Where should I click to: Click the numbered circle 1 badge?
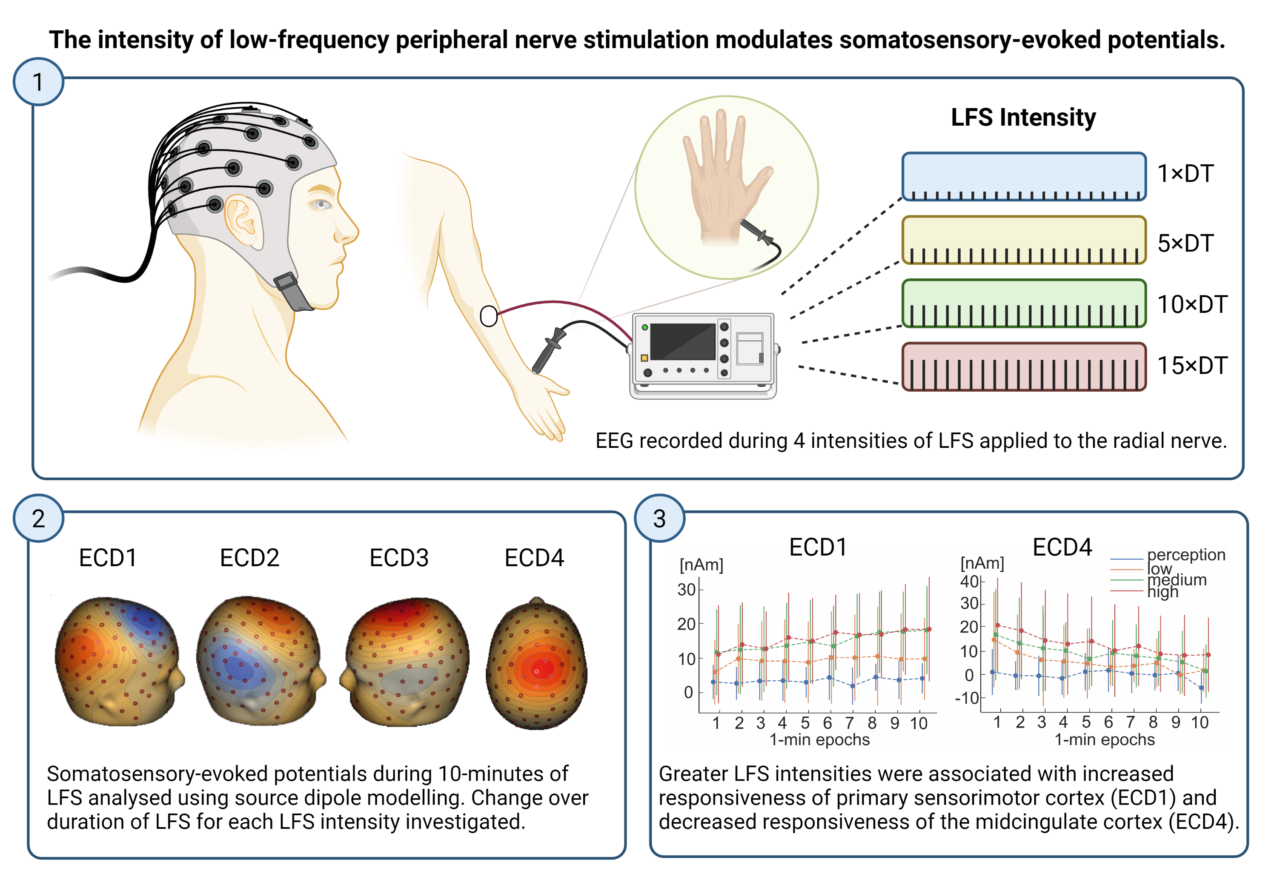pyautogui.click(x=38, y=82)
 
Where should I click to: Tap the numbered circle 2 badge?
pyautogui.click(x=38, y=519)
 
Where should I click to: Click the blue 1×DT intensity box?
pyautogui.click(x=1023, y=176)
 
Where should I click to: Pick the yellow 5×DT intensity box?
pyautogui.click(x=1023, y=240)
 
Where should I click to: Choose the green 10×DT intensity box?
pyautogui.click(x=1023, y=303)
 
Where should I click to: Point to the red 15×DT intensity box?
pyautogui.click(x=1023, y=367)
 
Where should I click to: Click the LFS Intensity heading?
pyautogui.click(x=1023, y=117)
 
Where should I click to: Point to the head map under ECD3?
pyautogui.click(x=404, y=662)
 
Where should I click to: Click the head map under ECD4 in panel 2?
pyautogui.click(x=537, y=663)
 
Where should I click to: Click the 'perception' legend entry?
pyautogui.click(x=1186, y=555)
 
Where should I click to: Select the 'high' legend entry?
pyautogui.click(x=1162, y=592)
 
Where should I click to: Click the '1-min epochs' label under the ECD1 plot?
pyautogui.click(x=819, y=740)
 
